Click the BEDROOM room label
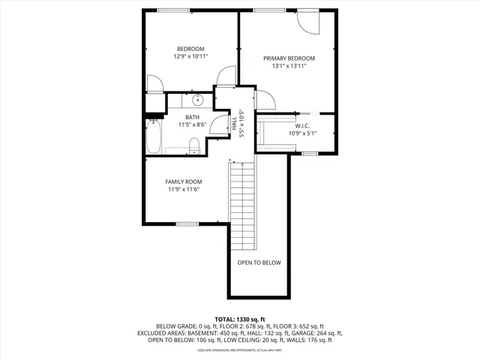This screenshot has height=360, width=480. point(190,49)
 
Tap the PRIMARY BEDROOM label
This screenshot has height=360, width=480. point(289,58)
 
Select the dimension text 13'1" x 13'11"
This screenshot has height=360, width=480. point(289,66)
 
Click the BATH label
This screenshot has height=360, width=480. point(193,118)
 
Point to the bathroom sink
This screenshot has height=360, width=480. point(199,100)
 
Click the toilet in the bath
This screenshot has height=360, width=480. point(193,145)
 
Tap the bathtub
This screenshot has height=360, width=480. point(153,138)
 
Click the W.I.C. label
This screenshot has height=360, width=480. point(303,126)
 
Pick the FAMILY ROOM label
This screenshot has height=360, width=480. point(184,181)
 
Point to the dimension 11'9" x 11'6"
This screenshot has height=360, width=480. point(184,190)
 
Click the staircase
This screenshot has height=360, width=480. point(242,206)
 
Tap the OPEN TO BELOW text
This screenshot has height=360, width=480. point(259,262)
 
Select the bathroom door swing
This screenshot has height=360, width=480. point(219,124)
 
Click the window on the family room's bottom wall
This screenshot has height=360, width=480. point(187,223)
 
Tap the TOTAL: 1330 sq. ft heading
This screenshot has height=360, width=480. point(239,319)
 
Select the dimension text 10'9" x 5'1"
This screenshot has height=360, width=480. point(303,133)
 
